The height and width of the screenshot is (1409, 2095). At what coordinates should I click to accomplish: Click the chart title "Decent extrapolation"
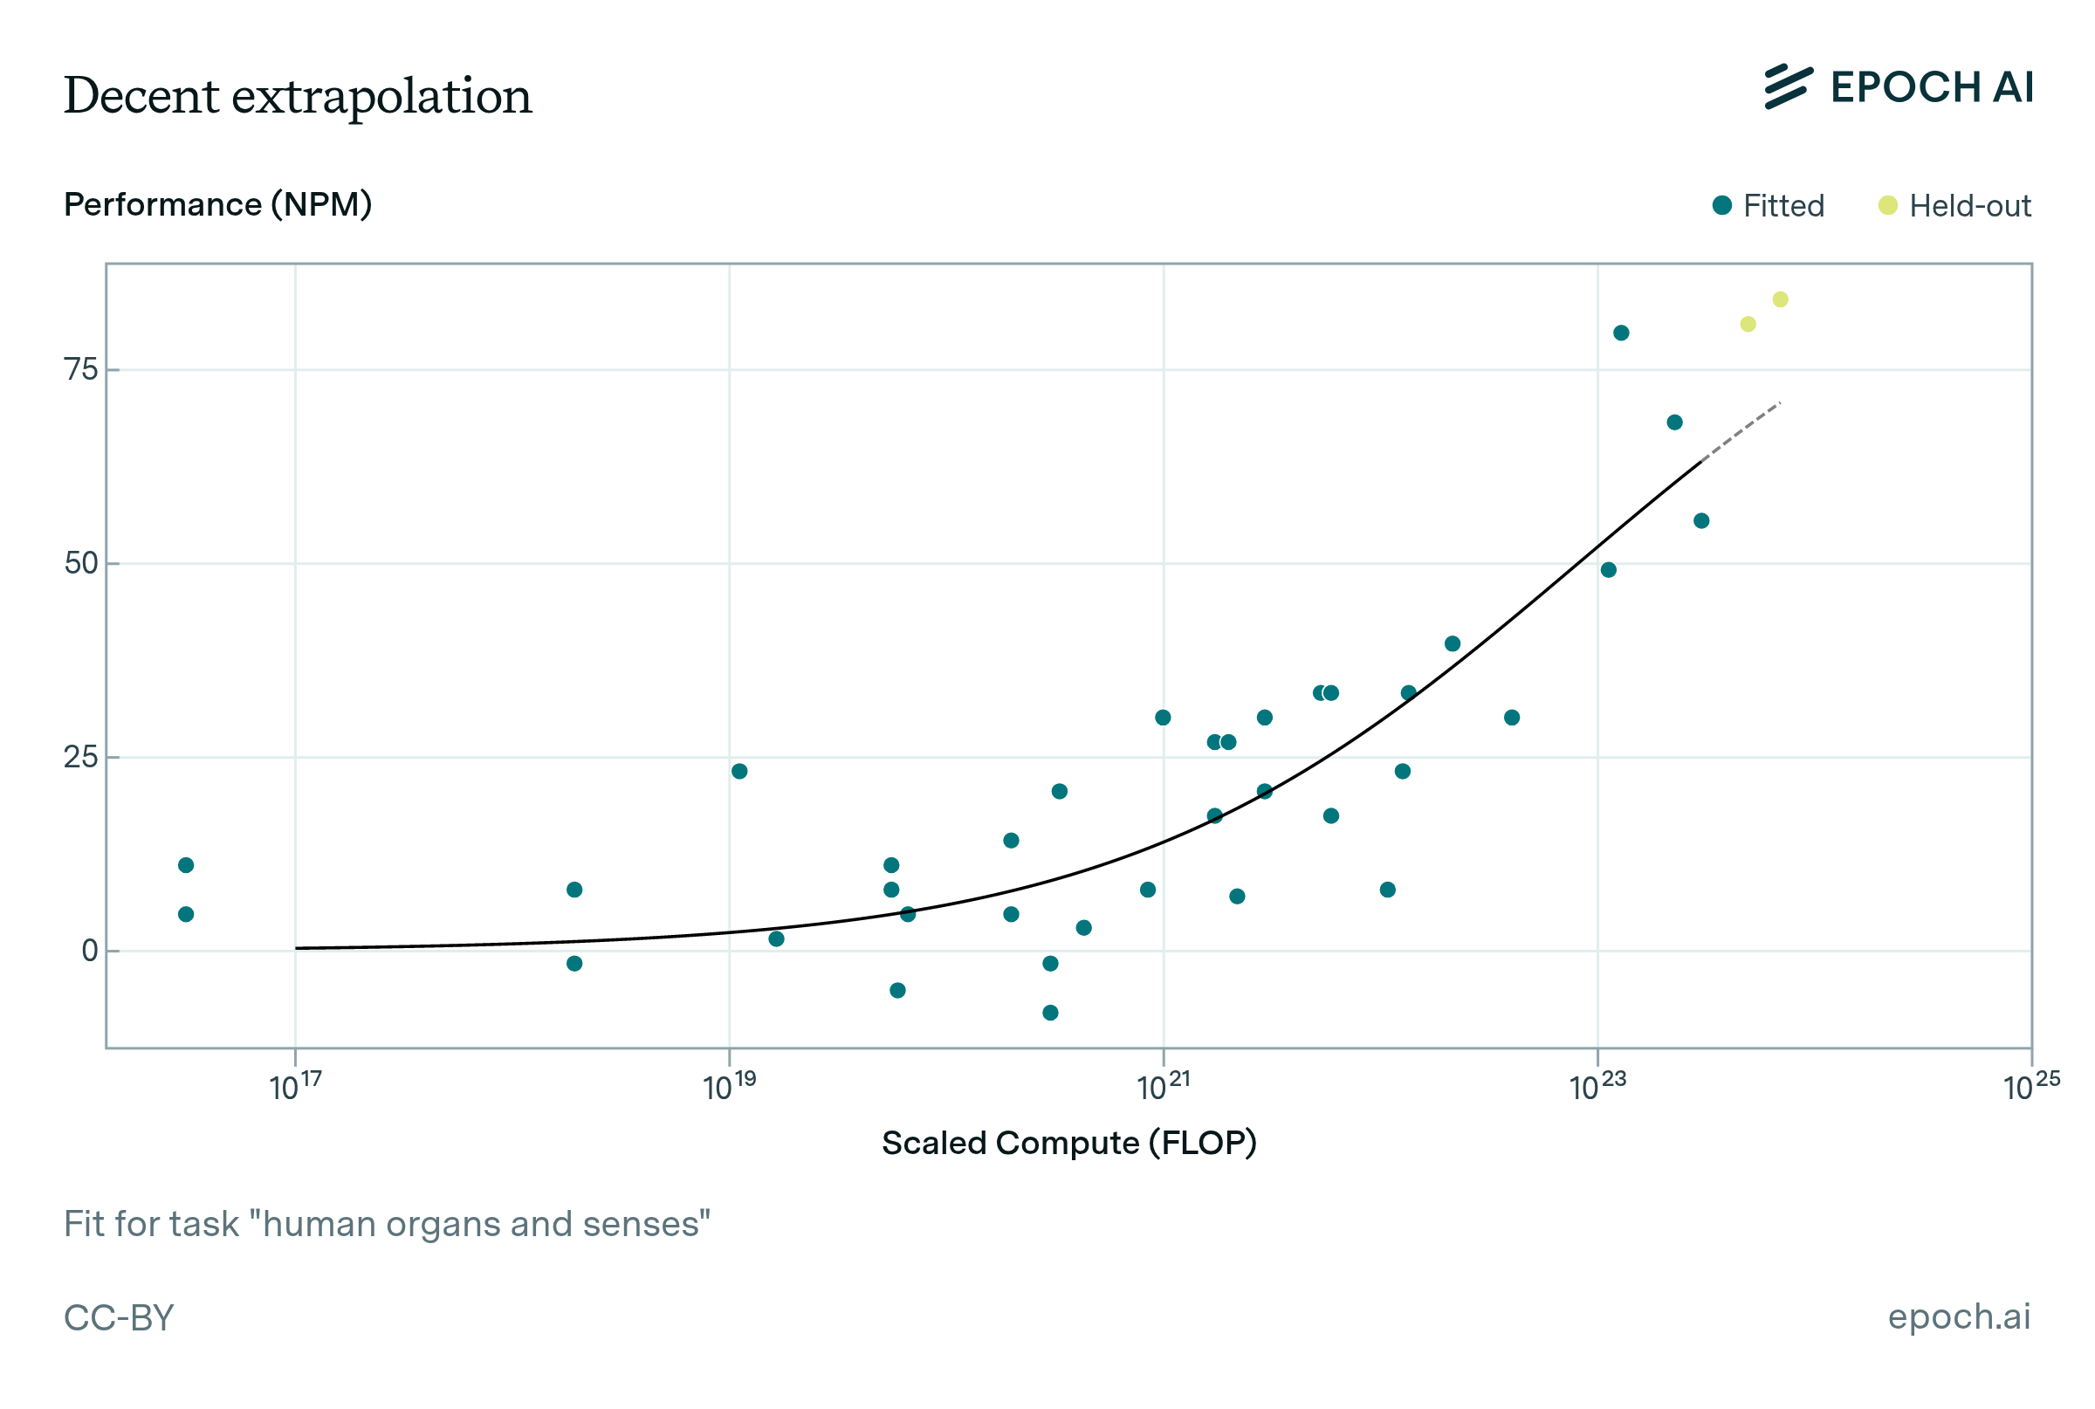point(298,95)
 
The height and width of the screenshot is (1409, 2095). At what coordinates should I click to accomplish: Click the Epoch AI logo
point(1898,87)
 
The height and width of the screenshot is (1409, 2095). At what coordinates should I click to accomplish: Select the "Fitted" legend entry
point(1767,206)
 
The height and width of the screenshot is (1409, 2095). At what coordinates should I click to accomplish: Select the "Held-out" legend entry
point(1953,206)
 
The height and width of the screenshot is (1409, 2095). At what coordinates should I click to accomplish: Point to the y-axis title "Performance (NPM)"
point(217,205)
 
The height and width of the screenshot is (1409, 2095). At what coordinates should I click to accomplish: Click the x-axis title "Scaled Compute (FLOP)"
point(1068,1143)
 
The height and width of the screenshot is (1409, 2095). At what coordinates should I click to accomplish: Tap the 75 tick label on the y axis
point(81,369)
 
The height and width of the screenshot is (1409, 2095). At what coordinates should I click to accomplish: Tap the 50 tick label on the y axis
point(81,563)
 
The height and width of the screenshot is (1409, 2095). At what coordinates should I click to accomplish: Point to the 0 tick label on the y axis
point(90,951)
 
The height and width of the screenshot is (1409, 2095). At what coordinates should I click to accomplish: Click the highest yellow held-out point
point(1780,299)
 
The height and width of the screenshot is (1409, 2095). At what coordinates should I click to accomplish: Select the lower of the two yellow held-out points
point(1748,325)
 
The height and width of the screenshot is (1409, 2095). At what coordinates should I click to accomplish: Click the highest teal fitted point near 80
point(1621,333)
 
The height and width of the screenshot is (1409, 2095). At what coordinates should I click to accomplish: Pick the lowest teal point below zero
point(1050,1013)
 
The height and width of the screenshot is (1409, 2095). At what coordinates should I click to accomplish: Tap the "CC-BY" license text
point(119,1317)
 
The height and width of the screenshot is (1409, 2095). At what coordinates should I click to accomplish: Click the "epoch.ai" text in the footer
point(1959,1316)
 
